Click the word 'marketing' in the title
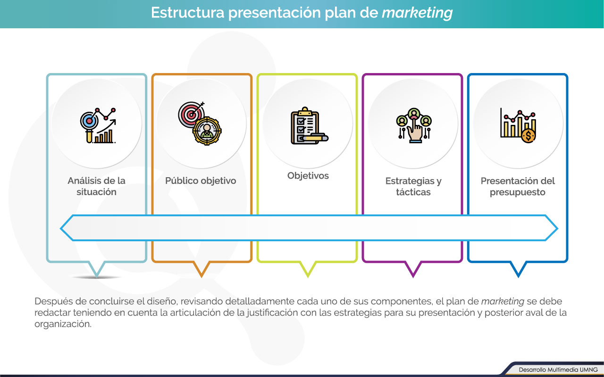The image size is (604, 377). tap(417, 13)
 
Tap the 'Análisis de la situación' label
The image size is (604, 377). tap(97, 186)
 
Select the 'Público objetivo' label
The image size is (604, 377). tap(201, 180)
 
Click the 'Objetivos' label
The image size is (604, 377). tap(308, 176)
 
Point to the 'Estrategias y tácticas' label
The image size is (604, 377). tap(413, 186)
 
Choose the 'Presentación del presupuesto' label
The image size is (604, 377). tap(518, 186)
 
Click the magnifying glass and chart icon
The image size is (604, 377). tap(98, 125)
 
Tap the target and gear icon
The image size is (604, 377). tap(200, 123)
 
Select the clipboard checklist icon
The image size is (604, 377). tap(310, 126)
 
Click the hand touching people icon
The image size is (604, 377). tap(414, 125)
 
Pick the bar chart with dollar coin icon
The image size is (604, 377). tap(518, 125)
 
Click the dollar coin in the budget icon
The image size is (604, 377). tap(528, 136)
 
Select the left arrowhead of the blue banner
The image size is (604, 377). tap(67, 228)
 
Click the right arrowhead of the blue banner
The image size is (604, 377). tap(552, 228)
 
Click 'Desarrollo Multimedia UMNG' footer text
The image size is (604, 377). tap(558, 370)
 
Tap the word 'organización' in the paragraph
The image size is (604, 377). tap(63, 324)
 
